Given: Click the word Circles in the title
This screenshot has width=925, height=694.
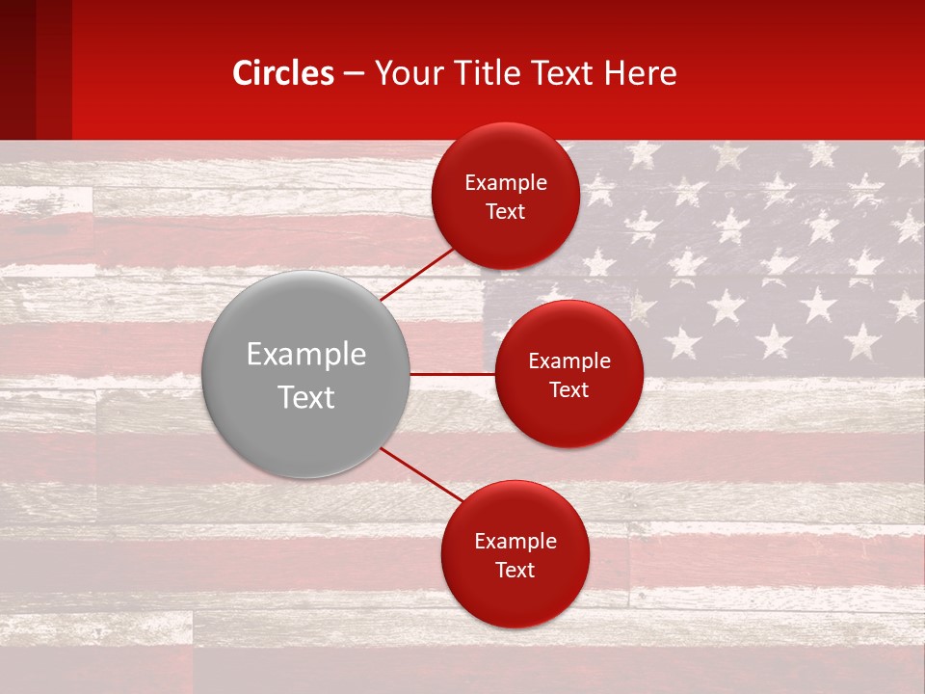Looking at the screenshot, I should [282, 73].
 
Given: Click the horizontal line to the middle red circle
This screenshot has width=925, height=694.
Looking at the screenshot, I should [452, 374].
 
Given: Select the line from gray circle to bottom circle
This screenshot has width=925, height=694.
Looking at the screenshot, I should [421, 475].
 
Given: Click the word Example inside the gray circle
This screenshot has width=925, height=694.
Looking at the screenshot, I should [306, 355].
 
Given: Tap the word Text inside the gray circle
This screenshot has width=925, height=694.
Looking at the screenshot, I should [306, 397].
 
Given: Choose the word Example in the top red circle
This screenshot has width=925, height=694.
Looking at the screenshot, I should [506, 183].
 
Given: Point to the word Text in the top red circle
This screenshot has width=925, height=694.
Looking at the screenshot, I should [505, 212].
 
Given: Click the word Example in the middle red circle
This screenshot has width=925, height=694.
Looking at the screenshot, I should [569, 361].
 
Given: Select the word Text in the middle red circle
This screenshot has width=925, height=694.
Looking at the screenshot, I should [568, 390].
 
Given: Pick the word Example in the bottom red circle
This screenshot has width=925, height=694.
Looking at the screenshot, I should [515, 542].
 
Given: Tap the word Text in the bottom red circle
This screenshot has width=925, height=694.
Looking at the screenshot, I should [515, 571].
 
